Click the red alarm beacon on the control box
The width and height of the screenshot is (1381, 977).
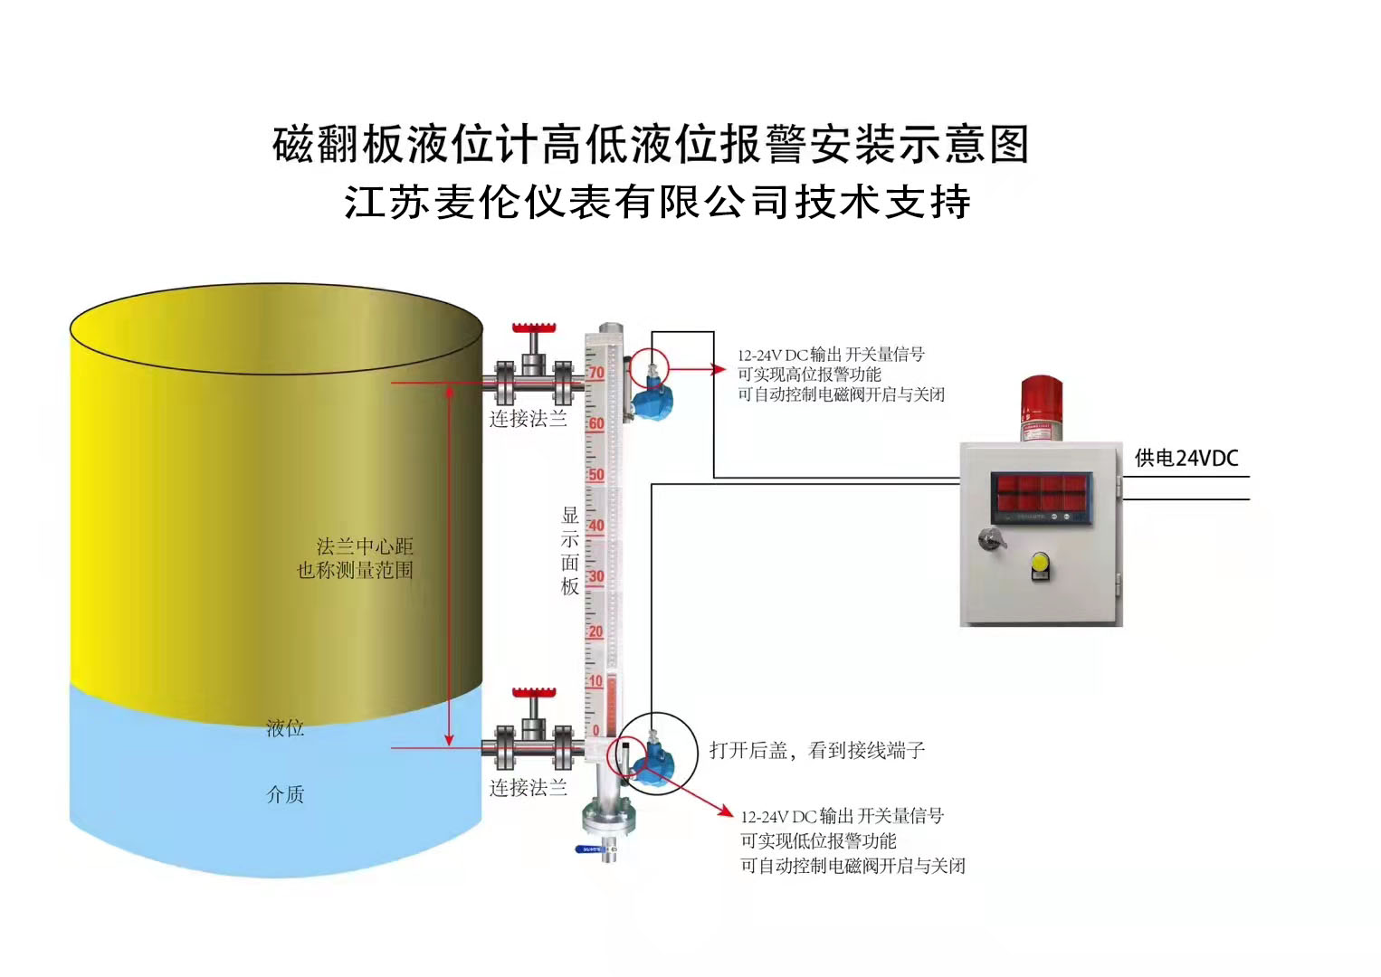click(1040, 407)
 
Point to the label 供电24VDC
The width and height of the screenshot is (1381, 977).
click(1186, 458)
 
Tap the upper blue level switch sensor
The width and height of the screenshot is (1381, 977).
click(648, 398)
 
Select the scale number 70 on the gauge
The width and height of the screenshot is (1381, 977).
click(595, 373)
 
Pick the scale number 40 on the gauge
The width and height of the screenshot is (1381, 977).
click(595, 526)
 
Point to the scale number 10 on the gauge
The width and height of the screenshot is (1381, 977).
click(595, 681)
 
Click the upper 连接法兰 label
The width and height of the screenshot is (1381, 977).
click(529, 419)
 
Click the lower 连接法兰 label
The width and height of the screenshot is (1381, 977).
click(529, 788)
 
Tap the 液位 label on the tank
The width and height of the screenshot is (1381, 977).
click(285, 728)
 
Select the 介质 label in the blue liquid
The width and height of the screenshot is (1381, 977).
click(285, 794)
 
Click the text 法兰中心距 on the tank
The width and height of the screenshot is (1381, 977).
click(364, 546)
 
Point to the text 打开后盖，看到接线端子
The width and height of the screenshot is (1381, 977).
click(816, 750)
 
